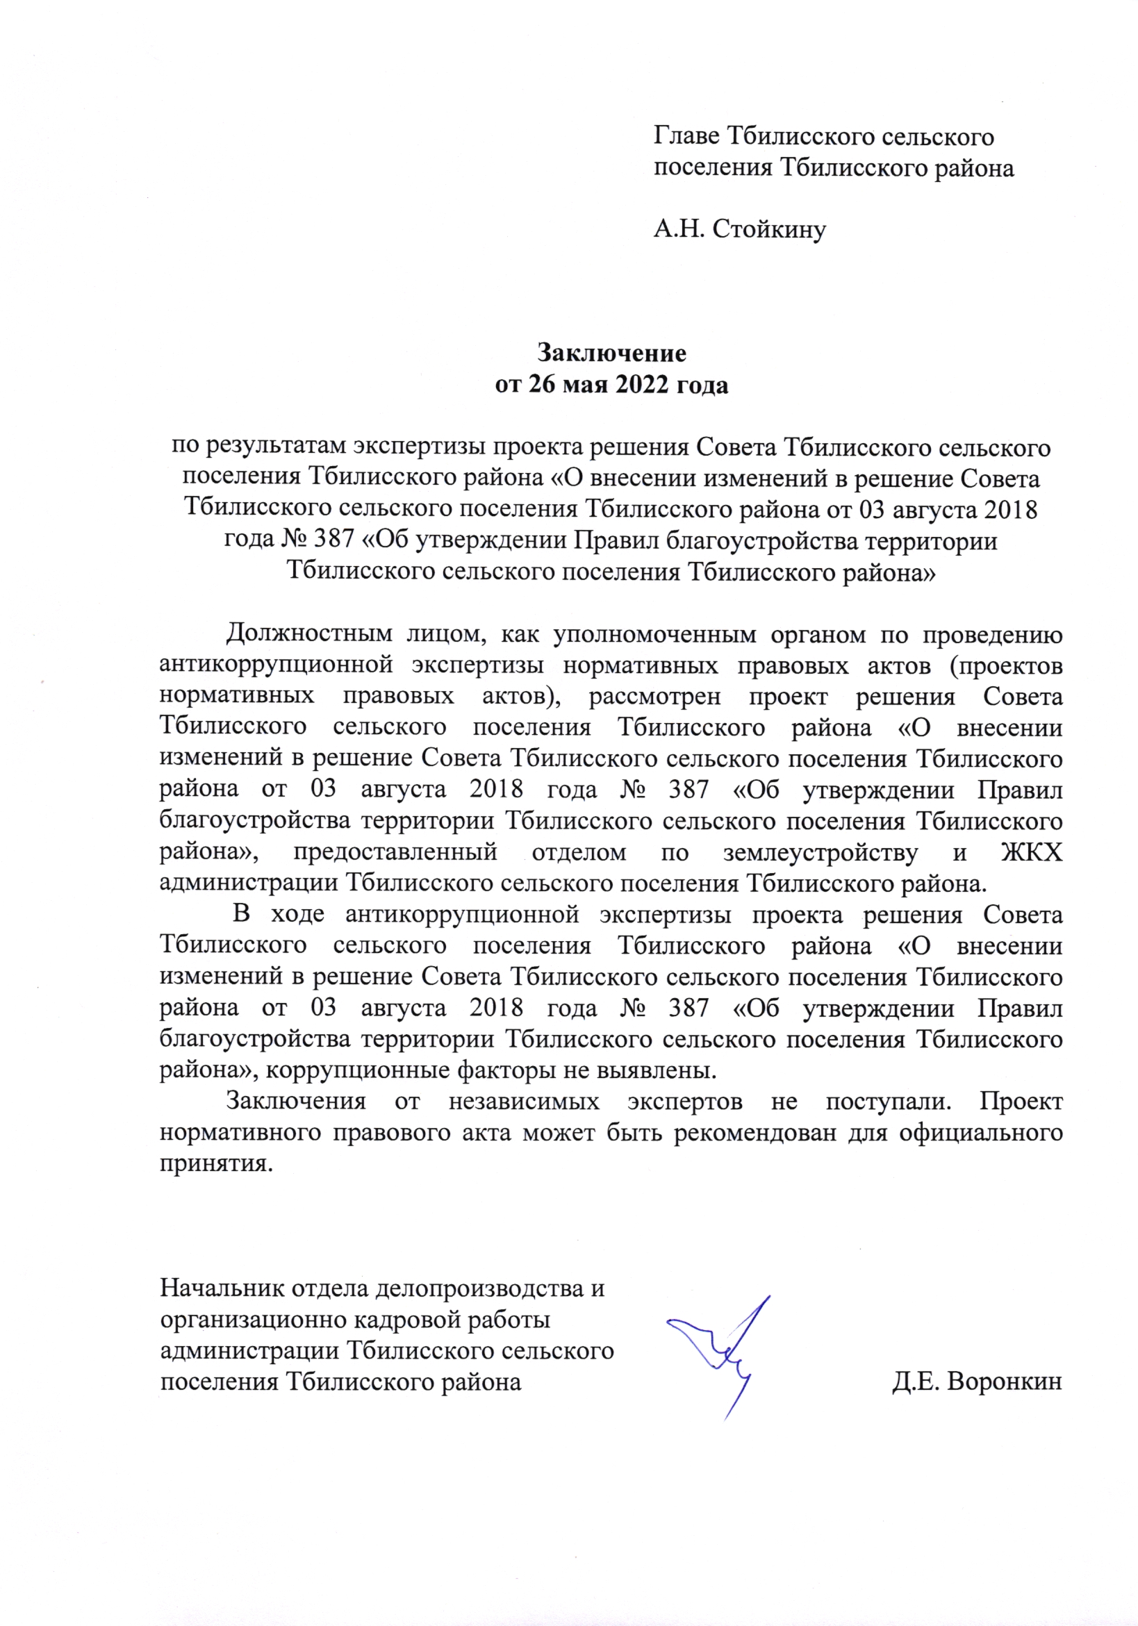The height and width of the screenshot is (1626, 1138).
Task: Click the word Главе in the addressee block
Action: coord(686,136)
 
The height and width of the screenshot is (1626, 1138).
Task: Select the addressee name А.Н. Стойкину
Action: coord(739,229)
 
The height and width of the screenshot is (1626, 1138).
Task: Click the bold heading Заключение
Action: coord(612,352)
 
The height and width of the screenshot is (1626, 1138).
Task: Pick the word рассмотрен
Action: coord(655,696)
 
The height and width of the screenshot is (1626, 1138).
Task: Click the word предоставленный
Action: coord(395,852)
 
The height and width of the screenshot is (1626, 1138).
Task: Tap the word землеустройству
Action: coord(820,852)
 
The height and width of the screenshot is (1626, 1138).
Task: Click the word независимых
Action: coord(524,1101)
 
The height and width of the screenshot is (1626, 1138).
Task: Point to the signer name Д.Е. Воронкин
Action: coord(978,1381)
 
